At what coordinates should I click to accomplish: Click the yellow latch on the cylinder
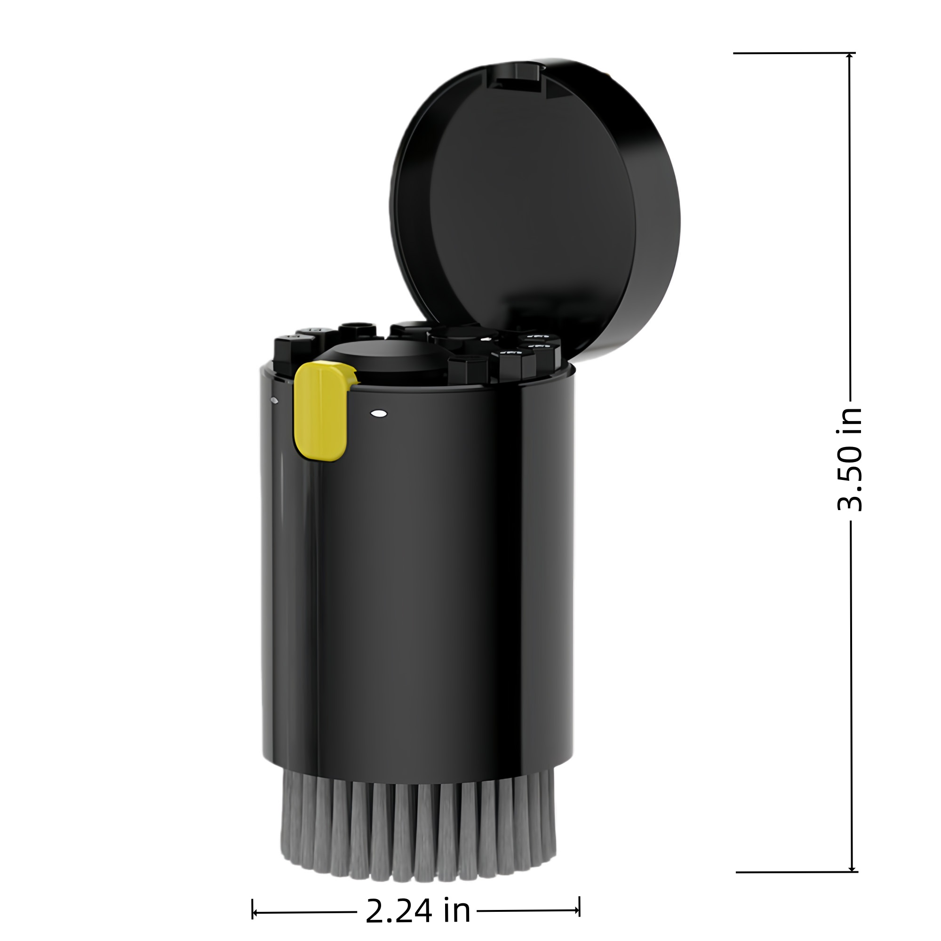pyautogui.click(x=321, y=412)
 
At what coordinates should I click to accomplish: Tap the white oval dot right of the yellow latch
pyautogui.click(x=378, y=414)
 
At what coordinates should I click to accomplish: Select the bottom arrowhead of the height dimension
pyautogui.click(x=852, y=868)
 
